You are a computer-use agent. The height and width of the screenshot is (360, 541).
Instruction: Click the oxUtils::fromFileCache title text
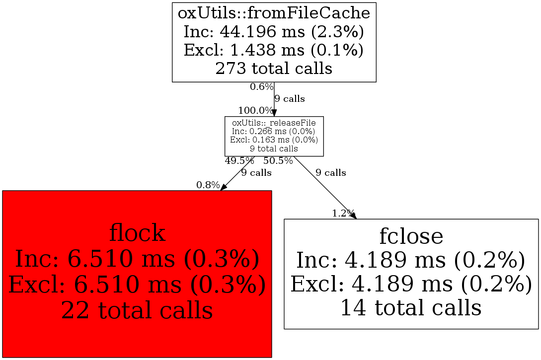pos(274,14)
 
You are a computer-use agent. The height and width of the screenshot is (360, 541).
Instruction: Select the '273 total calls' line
pos(274,68)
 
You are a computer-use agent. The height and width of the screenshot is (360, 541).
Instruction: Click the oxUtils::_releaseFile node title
pos(274,123)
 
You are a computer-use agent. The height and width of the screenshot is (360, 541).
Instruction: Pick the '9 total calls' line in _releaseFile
pos(274,148)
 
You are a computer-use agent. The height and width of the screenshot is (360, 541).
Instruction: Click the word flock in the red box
pos(137,233)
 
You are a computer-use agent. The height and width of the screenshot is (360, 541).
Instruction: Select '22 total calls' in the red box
pos(137,310)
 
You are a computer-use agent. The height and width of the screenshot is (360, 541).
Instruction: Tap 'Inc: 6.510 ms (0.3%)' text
pos(137,259)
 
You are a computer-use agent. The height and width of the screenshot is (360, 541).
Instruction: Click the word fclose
pos(411,236)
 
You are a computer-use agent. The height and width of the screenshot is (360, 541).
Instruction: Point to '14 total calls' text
pos(411,307)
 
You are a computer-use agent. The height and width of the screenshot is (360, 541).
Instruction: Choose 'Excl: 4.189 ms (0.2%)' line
pos(411,284)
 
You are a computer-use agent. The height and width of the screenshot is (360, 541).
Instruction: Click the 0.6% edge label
pos(261,87)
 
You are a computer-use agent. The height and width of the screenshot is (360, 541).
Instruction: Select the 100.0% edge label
pos(255,110)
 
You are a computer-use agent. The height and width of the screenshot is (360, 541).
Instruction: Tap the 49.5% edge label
pos(239,160)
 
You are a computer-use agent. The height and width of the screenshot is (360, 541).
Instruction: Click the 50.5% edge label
pos(278,160)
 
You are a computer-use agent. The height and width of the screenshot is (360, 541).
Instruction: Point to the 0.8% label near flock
pos(208,185)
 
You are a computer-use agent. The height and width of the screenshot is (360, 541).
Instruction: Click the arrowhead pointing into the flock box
pos(224,187)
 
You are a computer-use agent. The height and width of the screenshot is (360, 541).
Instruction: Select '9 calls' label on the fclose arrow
pos(331,173)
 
